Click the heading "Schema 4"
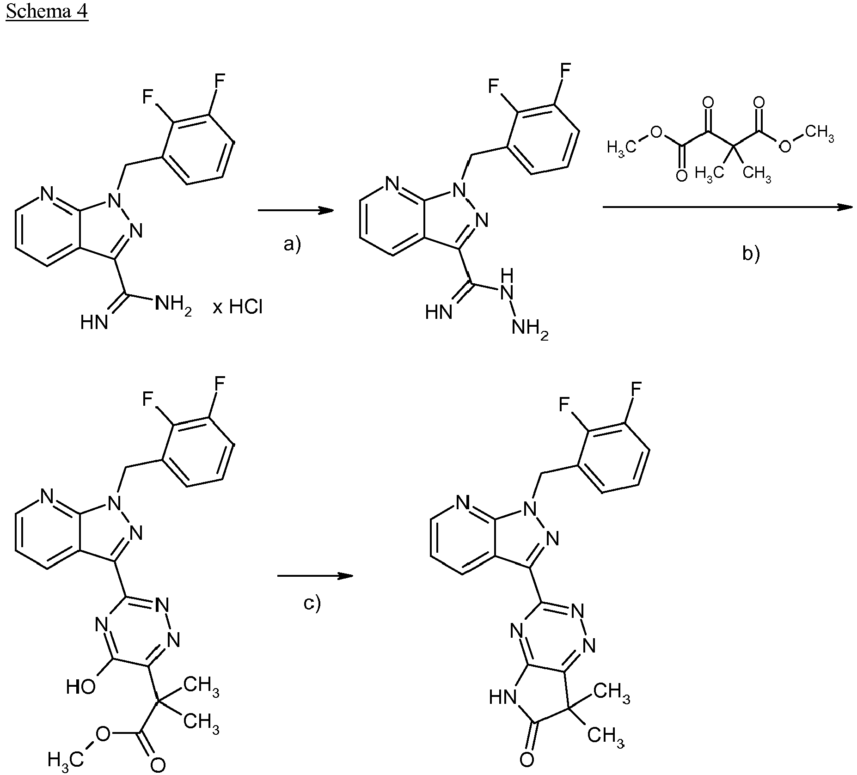47,11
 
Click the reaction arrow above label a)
296,210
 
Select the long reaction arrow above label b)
728,207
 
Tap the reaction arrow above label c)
315,576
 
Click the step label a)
292,244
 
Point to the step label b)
751,253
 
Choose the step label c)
312,603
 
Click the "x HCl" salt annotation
238,306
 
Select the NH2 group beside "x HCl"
173,305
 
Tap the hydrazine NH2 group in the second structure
530,330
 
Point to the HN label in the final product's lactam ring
502,697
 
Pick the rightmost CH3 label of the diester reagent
819,134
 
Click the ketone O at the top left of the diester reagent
708,102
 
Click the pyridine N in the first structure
47,195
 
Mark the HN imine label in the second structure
439,312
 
